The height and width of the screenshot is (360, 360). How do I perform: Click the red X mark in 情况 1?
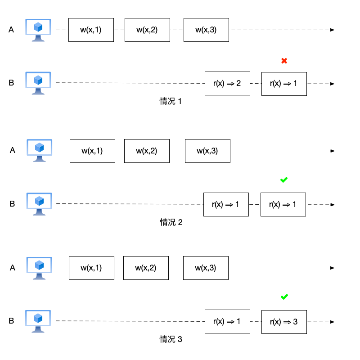tap(284, 61)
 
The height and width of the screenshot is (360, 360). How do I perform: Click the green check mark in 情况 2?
tap(284, 180)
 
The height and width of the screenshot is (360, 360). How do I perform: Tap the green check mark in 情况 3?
tap(284, 297)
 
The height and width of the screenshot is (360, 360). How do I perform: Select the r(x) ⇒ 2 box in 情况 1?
tap(227, 84)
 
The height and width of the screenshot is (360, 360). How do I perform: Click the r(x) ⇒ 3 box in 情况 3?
tap(283, 322)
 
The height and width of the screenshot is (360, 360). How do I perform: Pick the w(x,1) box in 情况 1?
tap(91, 30)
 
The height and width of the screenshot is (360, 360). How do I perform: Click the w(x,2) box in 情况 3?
tap(146, 268)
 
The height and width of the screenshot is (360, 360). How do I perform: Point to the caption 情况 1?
tap(171, 101)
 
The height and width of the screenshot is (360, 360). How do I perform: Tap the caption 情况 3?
tap(171, 339)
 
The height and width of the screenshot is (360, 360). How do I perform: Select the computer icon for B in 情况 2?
tap(39, 204)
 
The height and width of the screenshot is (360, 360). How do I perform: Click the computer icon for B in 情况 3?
tap(38, 321)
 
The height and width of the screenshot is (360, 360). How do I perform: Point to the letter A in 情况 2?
tap(13, 151)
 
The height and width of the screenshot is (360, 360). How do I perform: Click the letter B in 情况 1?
tap(11, 83)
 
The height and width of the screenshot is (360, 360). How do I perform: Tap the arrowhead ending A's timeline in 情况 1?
tap(332, 30)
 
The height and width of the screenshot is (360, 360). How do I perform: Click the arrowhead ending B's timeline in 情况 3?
tap(332, 322)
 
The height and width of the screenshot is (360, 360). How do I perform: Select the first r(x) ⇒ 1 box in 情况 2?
tap(226, 205)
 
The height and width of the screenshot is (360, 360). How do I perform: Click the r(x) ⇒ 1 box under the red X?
tap(283, 84)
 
